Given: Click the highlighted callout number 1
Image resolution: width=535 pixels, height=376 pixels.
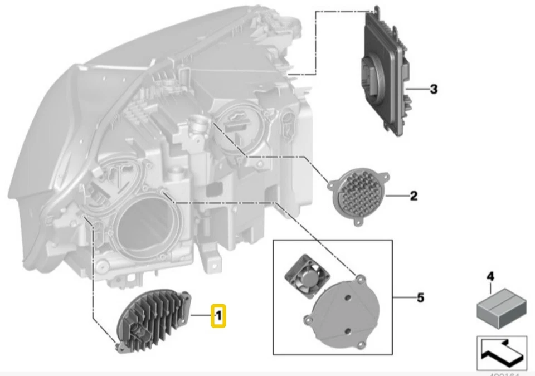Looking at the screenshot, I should [218, 316].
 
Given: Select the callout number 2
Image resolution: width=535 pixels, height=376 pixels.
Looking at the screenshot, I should [413, 196].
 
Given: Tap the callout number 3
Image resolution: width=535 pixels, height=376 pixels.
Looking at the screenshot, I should [433, 89].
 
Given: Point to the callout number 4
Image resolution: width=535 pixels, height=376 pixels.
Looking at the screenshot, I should [490, 276].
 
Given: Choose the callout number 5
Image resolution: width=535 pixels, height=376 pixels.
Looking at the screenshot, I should [420, 298].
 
